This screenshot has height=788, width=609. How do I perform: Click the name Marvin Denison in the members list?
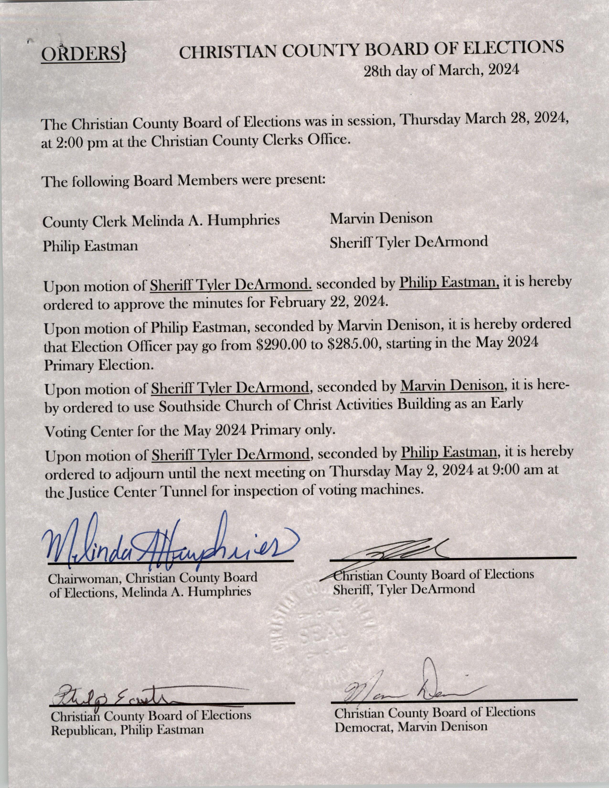click(x=381, y=218)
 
